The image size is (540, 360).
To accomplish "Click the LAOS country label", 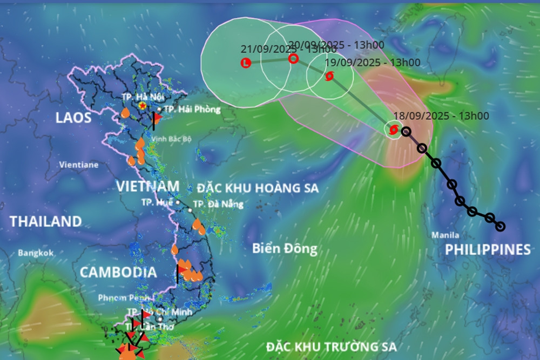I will coord(73,118).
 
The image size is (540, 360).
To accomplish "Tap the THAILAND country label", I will coord(46,221).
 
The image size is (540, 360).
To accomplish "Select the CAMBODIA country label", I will coord(118,272).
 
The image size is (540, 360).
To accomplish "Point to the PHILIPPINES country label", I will coord(488,249).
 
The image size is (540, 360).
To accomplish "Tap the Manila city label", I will coord(446,235).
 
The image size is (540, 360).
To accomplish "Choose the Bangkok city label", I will coord(36,253).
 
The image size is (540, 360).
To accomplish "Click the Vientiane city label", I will coord(79,165).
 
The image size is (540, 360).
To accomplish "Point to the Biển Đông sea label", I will coord(285,249).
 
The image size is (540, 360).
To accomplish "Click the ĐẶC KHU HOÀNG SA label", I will coord(258,188).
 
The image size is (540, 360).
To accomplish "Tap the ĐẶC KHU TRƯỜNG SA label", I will coord(331,346).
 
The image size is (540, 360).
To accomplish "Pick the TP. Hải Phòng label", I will coord(192,109).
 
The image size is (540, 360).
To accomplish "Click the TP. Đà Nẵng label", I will coord(218,204).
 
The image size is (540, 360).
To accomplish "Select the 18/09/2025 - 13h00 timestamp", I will coord(441,116).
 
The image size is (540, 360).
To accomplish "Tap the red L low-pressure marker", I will coord(246,63).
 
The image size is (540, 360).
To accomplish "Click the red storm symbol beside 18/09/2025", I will coord(394,130).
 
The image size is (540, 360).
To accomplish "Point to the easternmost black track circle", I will coord(500,226).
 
